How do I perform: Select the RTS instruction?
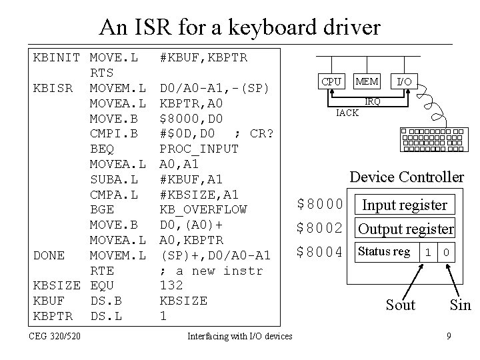[x=101, y=73]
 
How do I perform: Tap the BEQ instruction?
[x=101, y=149]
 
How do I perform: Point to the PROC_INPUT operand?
[x=199, y=149]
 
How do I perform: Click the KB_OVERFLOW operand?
[x=203, y=209]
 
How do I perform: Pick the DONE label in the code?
[x=49, y=255]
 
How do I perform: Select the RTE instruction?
[x=101, y=271]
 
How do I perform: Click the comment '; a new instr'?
[x=211, y=271]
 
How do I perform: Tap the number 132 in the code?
[x=171, y=286]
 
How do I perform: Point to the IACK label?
[x=347, y=113]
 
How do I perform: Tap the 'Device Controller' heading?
[x=407, y=177]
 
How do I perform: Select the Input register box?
[x=403, y=205]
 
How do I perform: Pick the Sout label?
[x=400, y=305]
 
